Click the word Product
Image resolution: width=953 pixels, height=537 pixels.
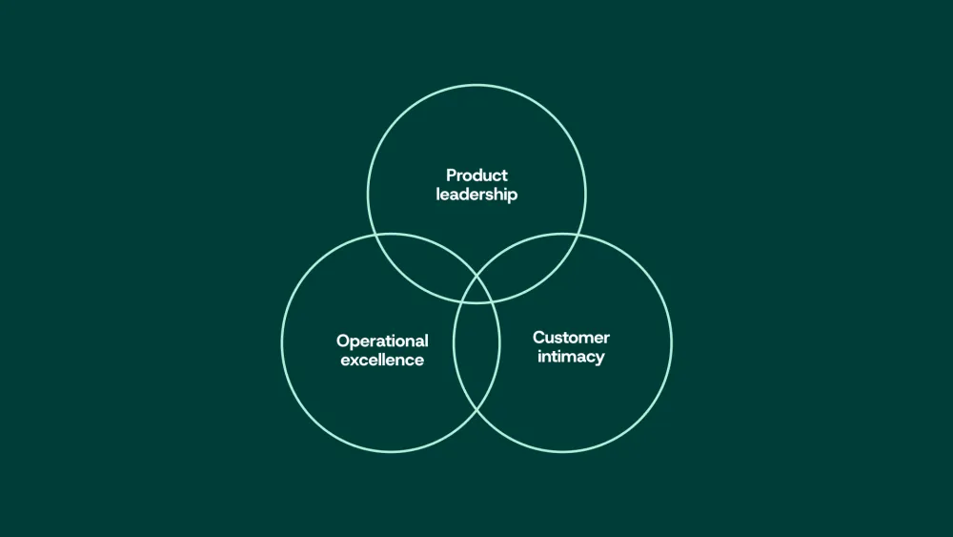476,176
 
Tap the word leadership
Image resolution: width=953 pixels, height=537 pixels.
476,195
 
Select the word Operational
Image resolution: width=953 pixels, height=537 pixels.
382,341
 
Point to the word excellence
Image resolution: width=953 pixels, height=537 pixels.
382,360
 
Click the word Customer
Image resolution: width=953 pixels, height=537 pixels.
571,338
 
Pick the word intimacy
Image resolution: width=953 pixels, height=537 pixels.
571,357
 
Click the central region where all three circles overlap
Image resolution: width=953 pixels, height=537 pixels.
477,291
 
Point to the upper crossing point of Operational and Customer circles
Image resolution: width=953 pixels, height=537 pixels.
477,276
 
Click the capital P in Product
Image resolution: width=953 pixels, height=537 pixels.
452,176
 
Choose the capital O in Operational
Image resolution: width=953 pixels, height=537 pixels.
343,341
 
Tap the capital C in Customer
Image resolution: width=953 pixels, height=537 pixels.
539,338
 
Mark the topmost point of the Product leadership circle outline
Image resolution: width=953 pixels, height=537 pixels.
477,85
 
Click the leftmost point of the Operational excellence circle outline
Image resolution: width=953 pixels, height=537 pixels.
282,342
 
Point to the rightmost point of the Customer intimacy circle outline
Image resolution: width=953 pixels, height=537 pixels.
672,342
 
